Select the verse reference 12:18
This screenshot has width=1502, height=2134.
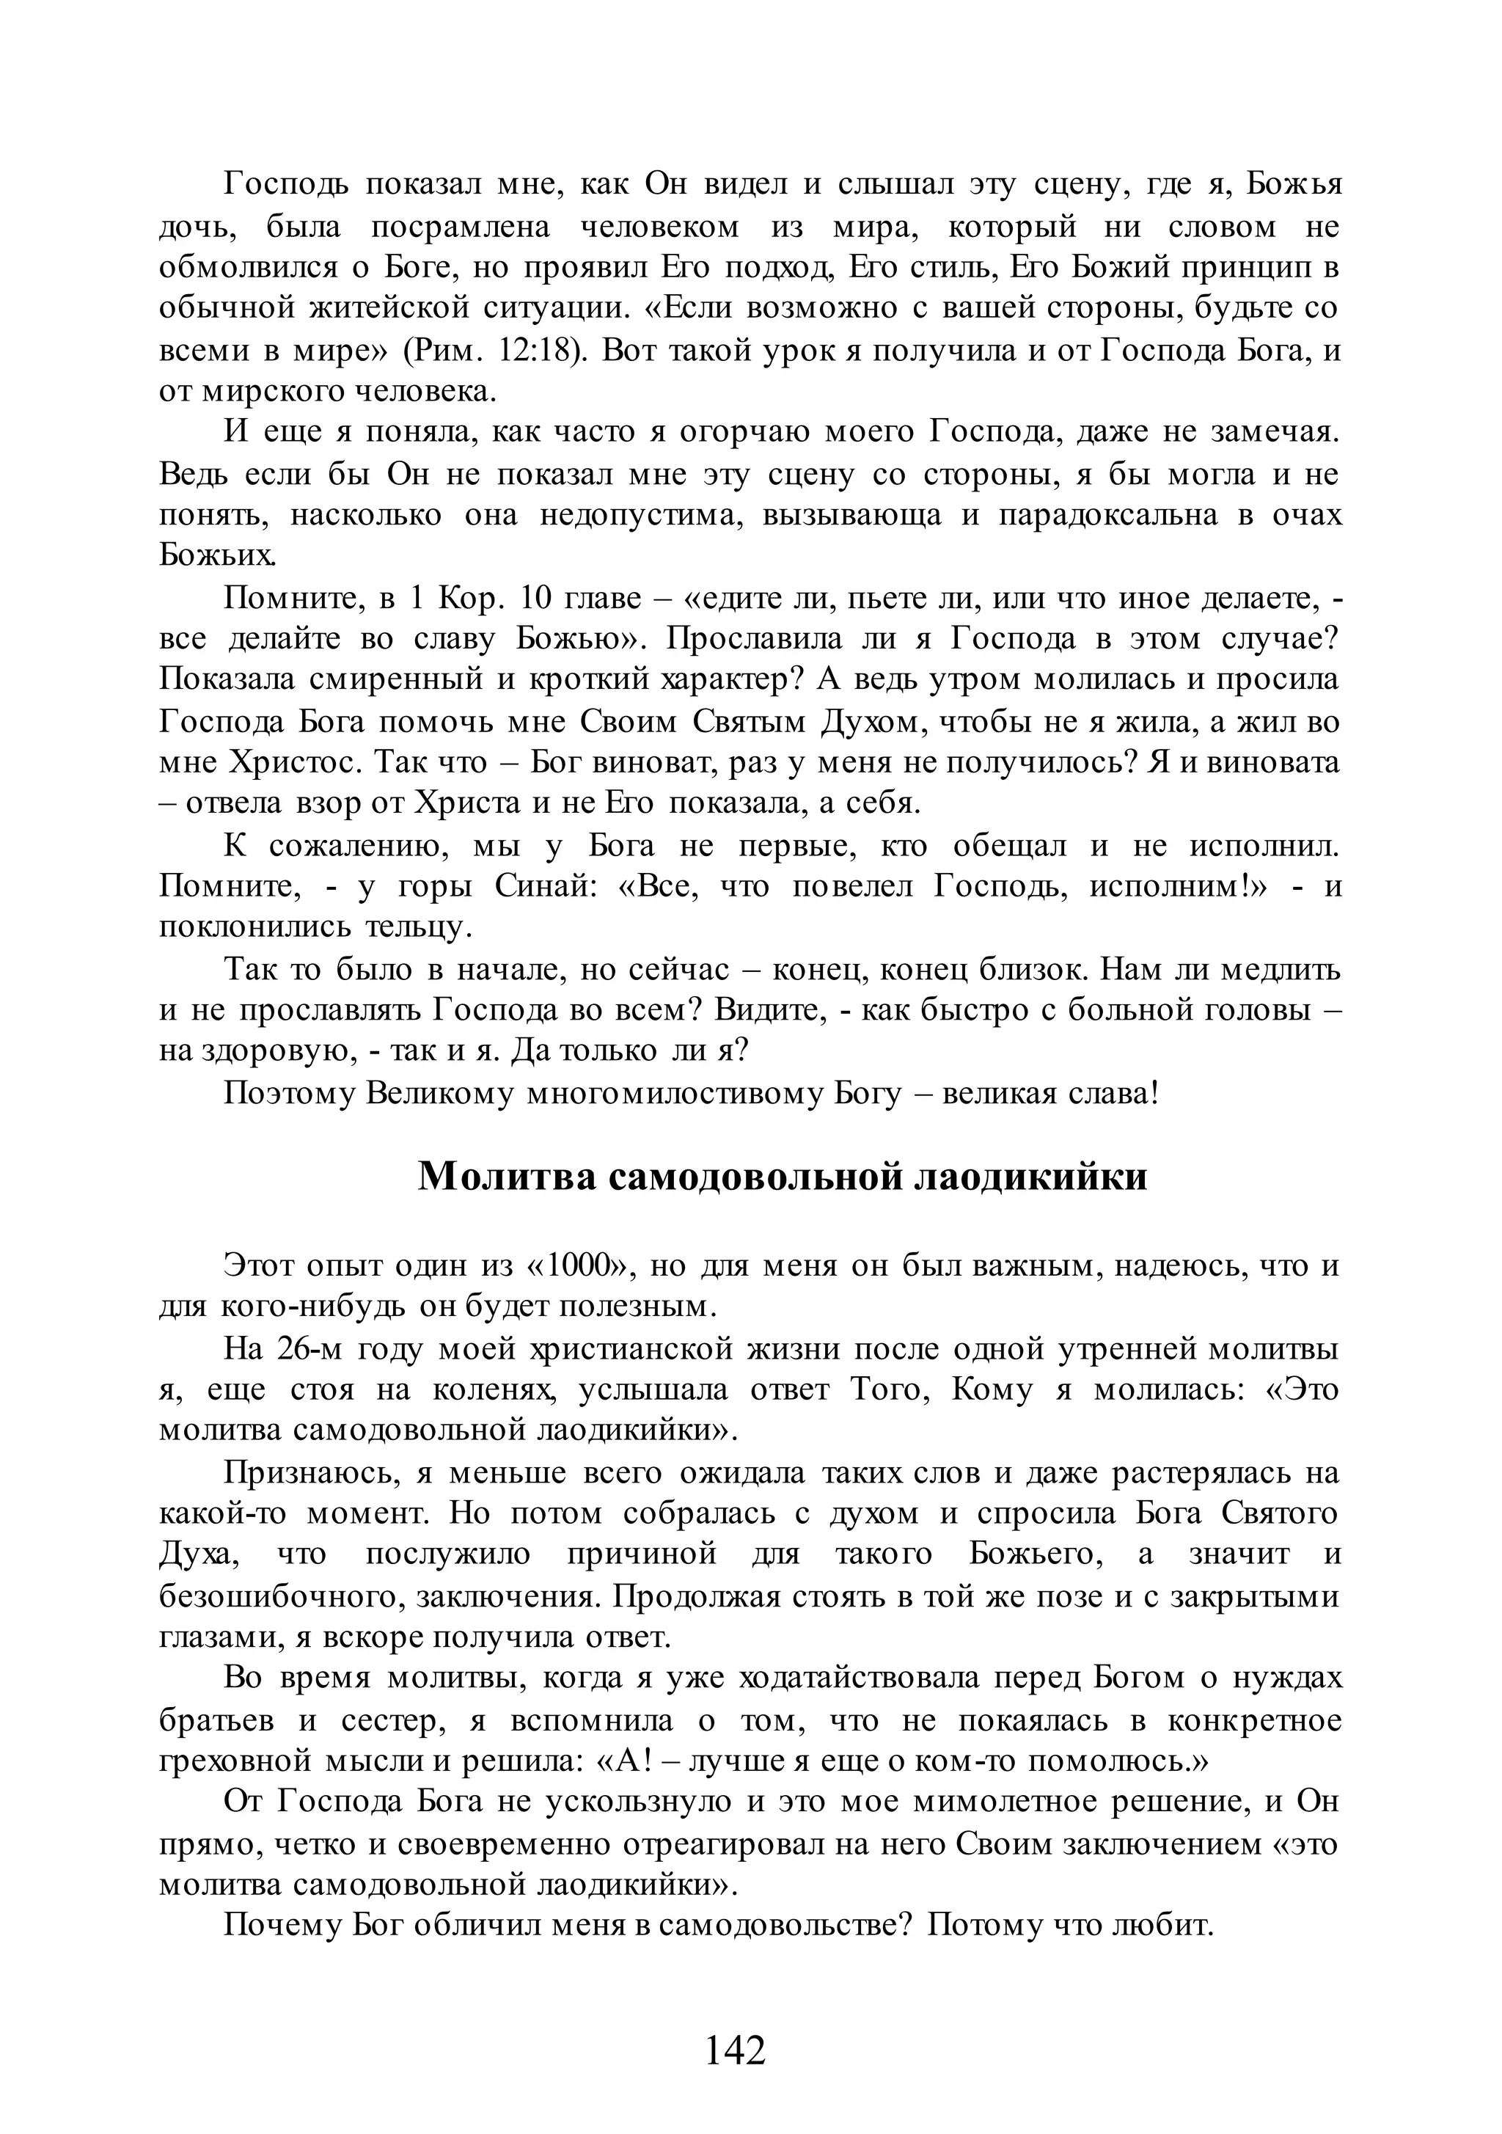[535, 351]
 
